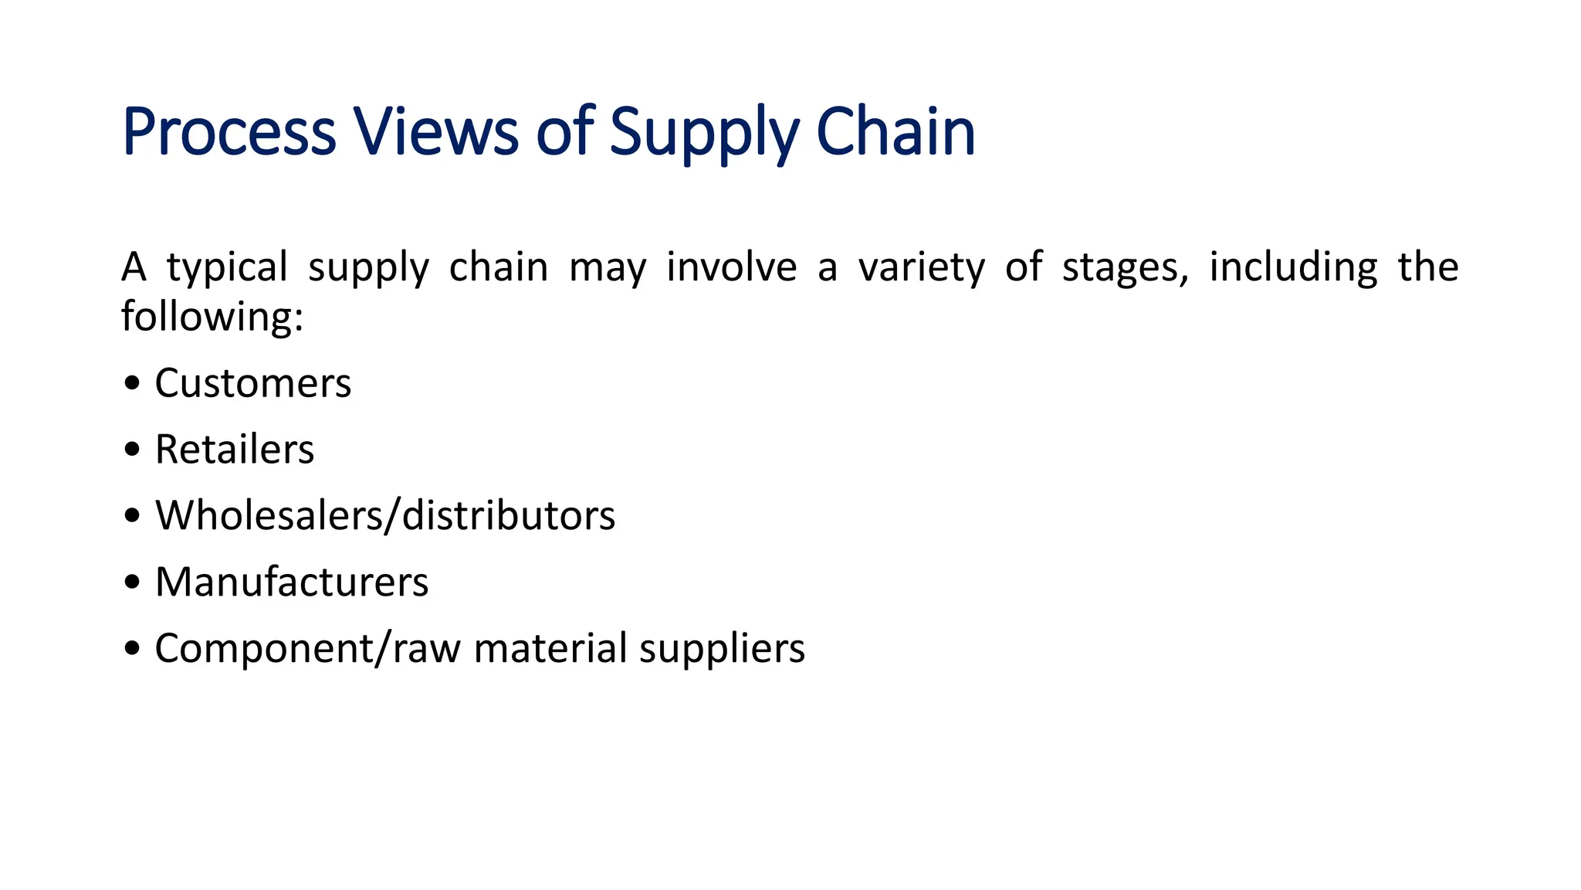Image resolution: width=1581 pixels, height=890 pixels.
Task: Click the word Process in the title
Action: [229, 132]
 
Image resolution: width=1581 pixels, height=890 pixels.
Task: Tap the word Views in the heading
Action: [436, 132]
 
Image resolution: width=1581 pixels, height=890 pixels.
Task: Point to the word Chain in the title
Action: [895, 132]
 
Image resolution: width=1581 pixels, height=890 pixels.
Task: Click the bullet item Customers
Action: [252, 383]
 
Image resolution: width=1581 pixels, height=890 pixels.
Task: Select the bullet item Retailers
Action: [235, 450]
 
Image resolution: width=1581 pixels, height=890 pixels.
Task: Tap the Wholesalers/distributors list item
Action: [385, 515]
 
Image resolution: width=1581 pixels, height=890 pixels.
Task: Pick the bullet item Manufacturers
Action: [292, 582]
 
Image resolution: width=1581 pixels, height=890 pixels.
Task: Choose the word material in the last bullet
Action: [550, 648]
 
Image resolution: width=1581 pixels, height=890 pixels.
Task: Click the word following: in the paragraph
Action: [212, 317]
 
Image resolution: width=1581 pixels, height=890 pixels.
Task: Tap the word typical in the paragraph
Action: [227, 267]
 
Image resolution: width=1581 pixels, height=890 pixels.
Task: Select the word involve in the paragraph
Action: [731, 267]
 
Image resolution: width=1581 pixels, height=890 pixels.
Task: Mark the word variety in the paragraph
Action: [921, 267]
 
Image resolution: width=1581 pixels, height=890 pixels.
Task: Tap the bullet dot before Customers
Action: [132, 383]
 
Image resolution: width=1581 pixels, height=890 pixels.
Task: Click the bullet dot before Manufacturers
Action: [132, 583]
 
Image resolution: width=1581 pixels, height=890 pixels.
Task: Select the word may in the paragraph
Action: [608, 267]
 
